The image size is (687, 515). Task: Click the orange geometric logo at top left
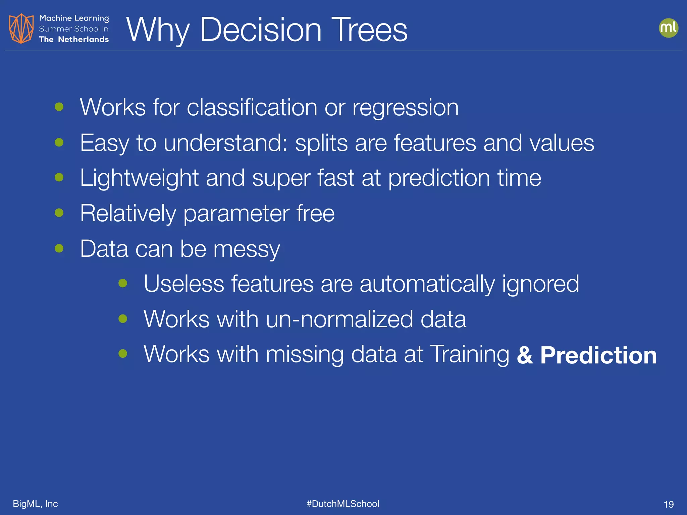(x=21, y=28)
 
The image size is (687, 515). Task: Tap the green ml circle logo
(x=668, y=28)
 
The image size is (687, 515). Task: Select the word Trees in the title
(x=369, y=30)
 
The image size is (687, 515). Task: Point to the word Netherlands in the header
(x=84, y=40)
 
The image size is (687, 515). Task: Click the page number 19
(x=669, y=504)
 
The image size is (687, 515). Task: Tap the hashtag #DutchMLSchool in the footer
(x=343, y=504)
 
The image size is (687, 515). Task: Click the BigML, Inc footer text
(x=35, y=504)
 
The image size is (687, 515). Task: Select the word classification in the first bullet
(x=252, y=108)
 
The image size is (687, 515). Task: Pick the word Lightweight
(x=139, y=178)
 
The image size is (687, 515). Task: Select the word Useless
(x=184, y=284)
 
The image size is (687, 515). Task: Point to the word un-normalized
(x=339, y=319)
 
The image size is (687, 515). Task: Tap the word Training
(x=470, y=354)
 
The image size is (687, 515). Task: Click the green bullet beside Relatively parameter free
(x=59, y=213)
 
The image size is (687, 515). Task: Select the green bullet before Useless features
(x=123, y=283)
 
